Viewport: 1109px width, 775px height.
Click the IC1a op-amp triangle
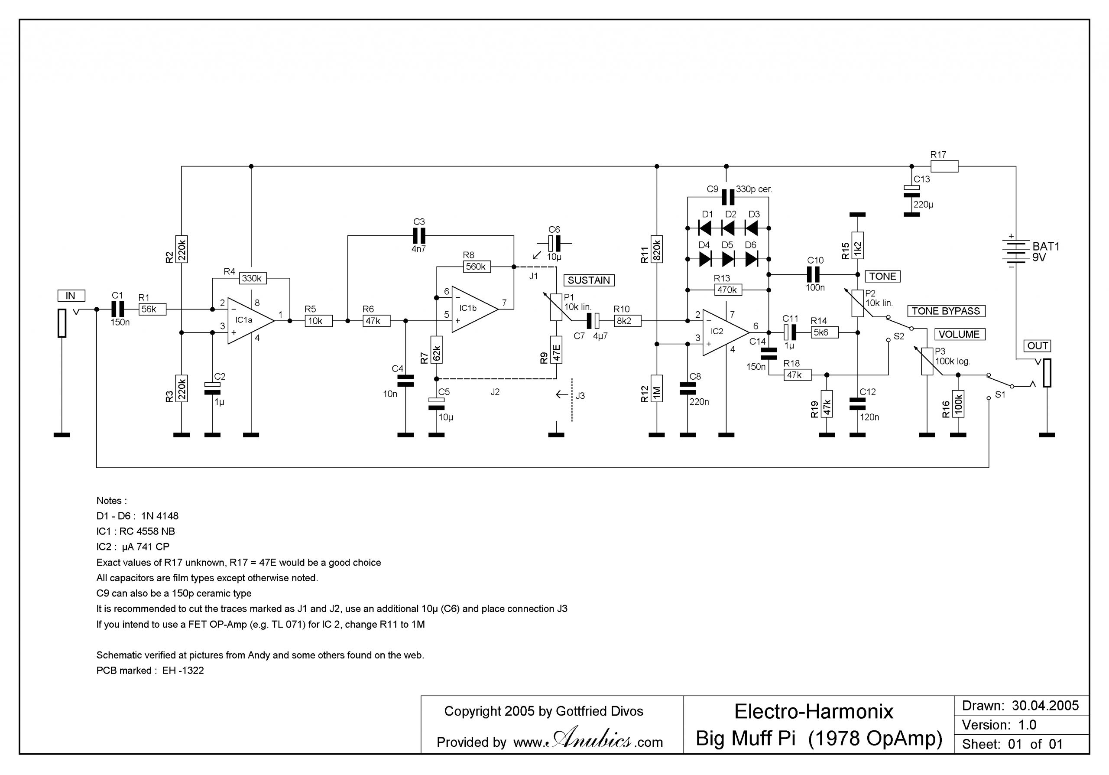point(249,320)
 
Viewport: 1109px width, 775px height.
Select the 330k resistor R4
point(252,278)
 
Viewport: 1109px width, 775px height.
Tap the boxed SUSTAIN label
point(588,280)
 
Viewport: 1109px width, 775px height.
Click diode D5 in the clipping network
point(728,260)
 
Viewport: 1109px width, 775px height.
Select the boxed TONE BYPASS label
point(946,311)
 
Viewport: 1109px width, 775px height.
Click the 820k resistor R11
point(656,249)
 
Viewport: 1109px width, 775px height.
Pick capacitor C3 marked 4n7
point(419,236)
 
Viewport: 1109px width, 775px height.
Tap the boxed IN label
point(71,296)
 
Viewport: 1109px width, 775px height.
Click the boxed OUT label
point(1038,346)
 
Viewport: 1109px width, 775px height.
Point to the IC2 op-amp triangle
point(723,332)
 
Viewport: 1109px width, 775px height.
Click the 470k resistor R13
point(727,290)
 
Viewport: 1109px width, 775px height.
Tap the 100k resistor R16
point(958,404)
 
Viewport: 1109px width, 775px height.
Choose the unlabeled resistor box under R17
point(944,166)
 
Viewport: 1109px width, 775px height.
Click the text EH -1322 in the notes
point(183,671)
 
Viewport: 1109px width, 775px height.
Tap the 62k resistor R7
point(436,350)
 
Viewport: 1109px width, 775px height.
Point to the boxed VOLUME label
point(959,334)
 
